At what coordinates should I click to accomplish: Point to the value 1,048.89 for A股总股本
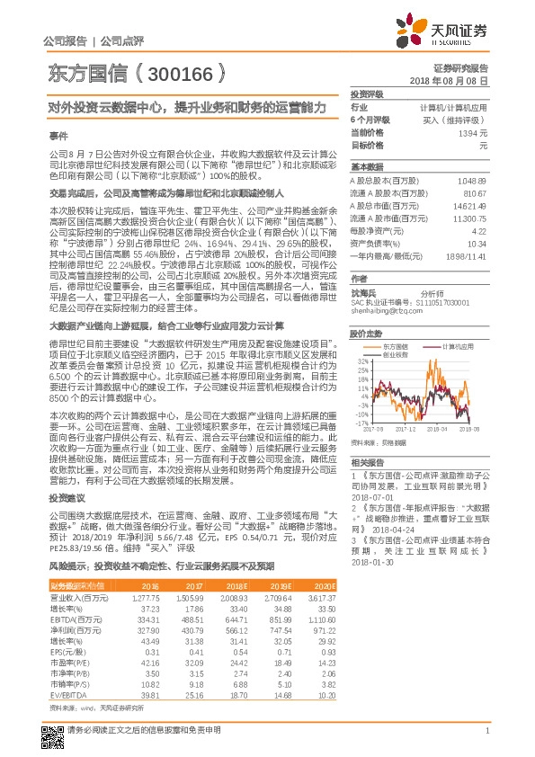pyautogui.click(x=470, y=181)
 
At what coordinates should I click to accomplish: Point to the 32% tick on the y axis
pyautogui.click(x=361, y=361)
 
